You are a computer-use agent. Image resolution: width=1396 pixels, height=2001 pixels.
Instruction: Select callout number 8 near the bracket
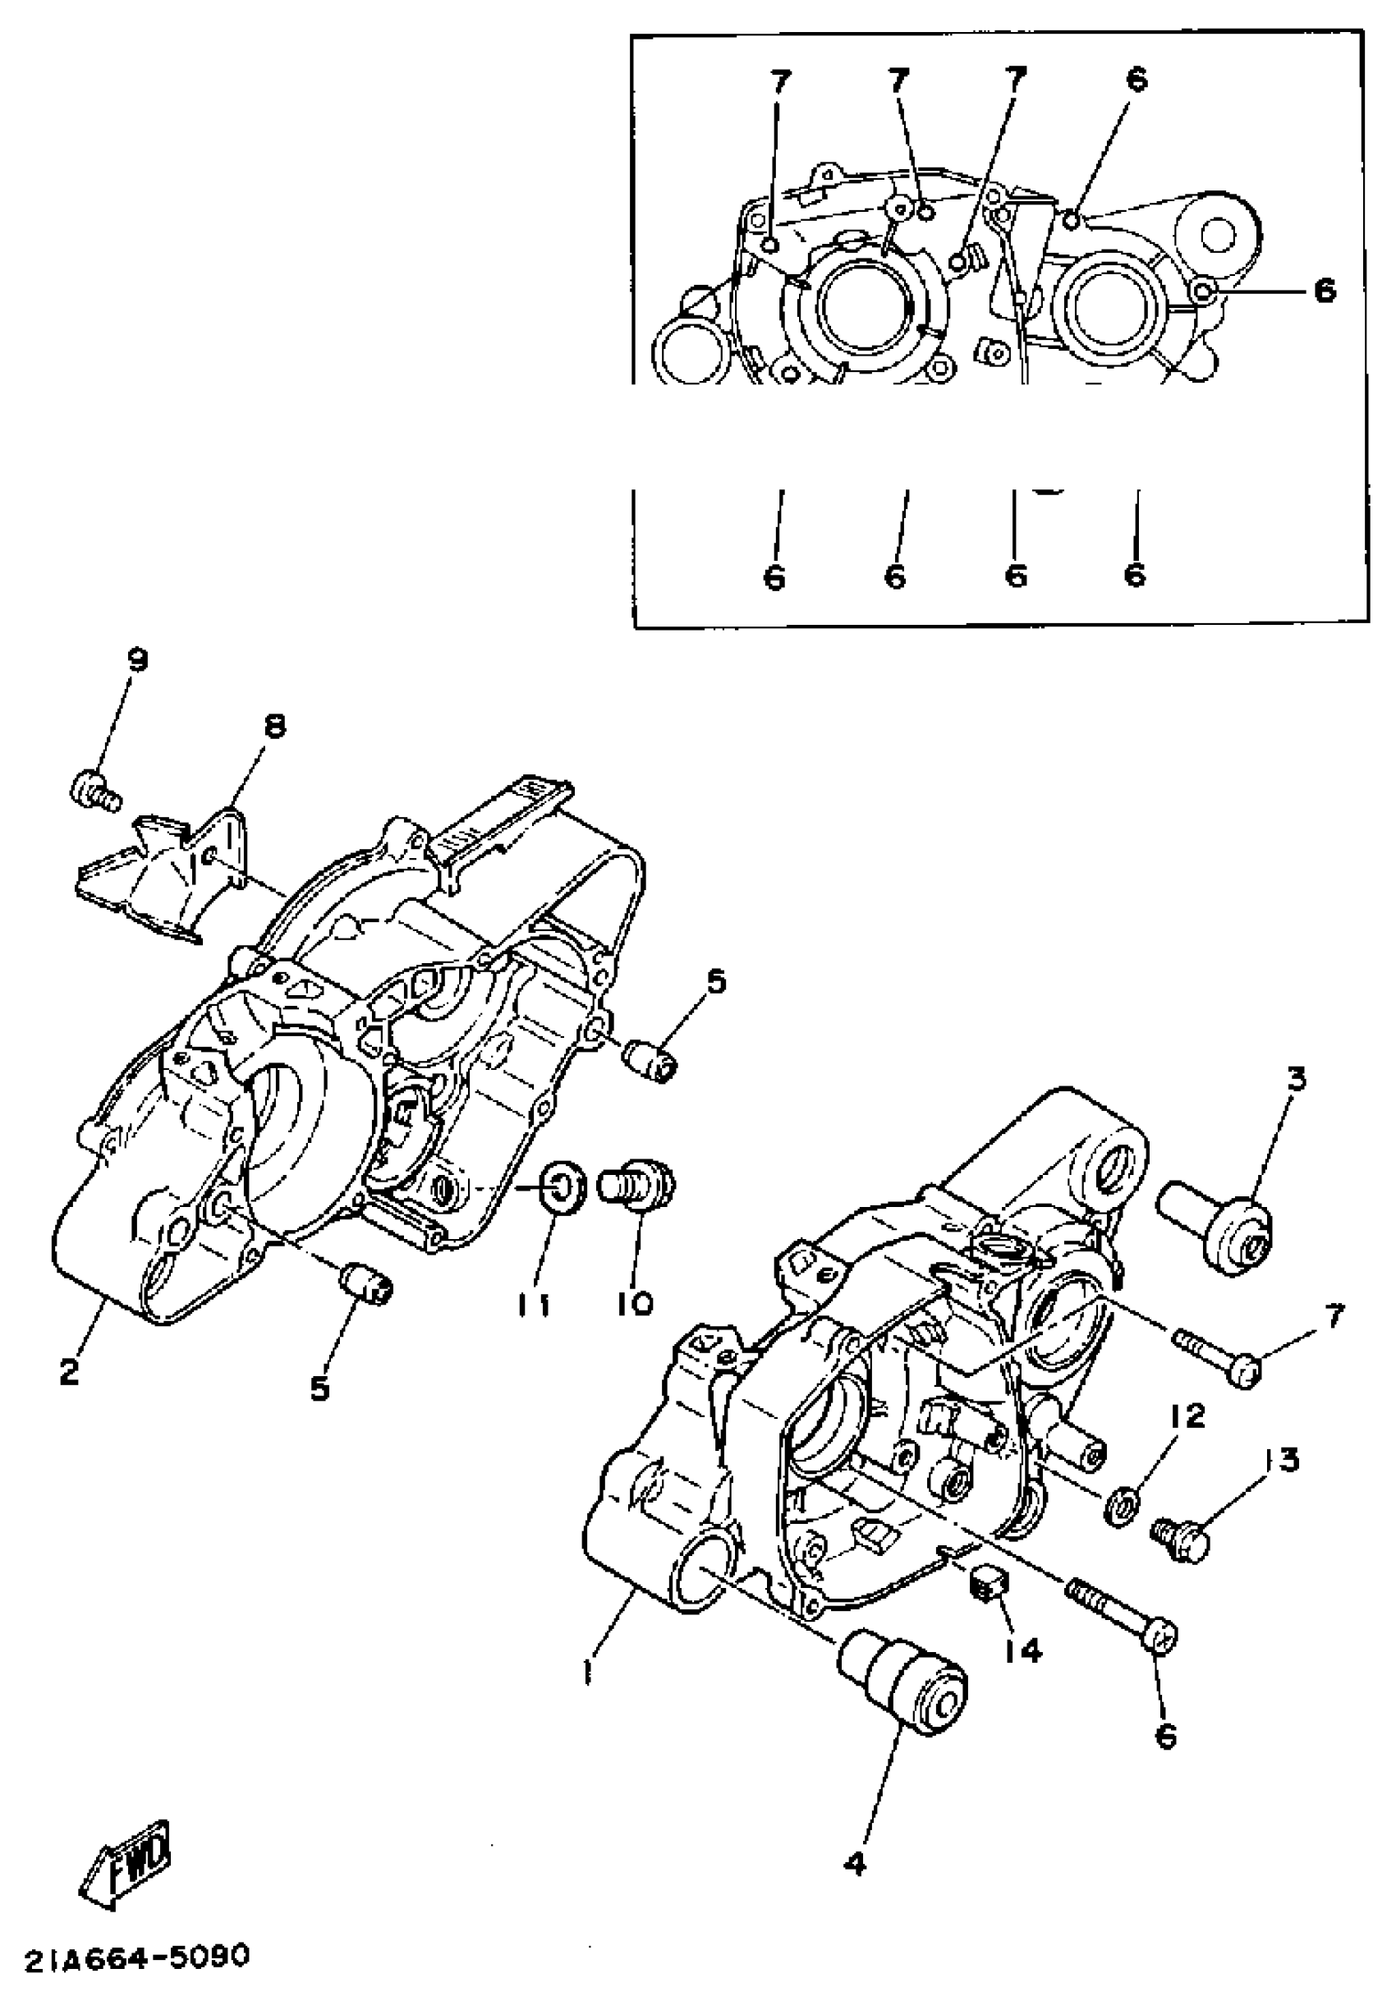pos(273,725)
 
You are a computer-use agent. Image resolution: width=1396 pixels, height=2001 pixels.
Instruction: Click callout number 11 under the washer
pos(533,1305)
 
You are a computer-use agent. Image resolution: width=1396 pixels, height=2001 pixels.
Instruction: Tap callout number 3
pos(1297,1081)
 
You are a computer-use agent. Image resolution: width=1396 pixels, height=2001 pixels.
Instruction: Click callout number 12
pos(1186,1416)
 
